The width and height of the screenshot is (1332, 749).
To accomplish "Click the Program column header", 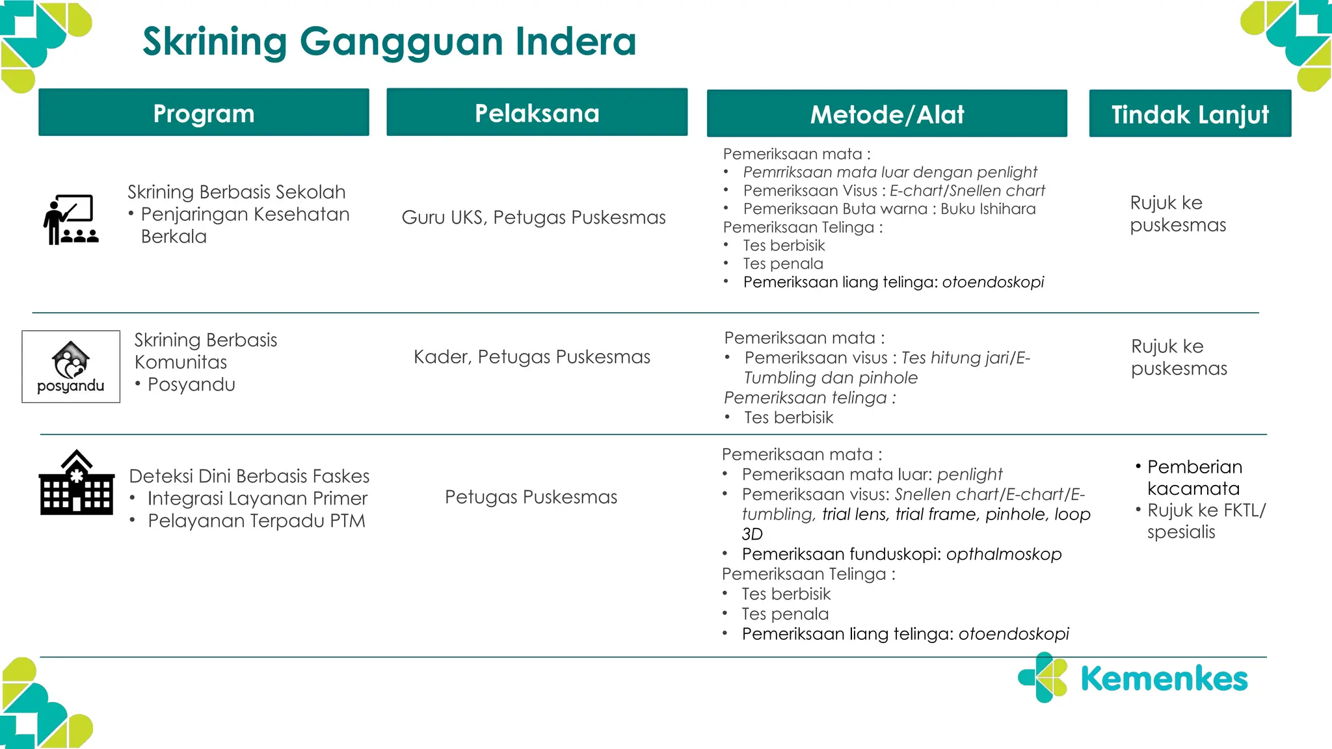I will (204, 113).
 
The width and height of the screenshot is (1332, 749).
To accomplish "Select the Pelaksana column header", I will (537, 113).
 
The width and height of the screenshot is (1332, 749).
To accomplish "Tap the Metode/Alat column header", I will (886, 114).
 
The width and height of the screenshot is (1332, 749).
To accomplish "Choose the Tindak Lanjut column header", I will (1190, 114).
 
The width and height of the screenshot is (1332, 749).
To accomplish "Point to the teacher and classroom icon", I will (71, 219).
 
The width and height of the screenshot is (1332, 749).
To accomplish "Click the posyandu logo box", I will (71, 367).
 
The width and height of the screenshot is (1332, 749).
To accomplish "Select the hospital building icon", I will (77, 483).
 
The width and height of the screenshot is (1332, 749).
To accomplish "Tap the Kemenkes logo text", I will (1164, 679).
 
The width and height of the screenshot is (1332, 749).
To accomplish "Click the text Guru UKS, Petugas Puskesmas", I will (533, 217).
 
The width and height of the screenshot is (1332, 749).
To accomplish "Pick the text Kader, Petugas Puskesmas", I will (531, 357).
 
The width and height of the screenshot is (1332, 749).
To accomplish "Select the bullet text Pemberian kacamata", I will (1193, 477).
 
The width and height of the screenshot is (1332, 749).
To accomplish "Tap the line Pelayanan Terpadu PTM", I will (256, 521).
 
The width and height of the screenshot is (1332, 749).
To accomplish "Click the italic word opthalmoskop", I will (1004, 554).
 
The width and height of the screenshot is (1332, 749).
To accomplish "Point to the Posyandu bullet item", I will (191, 384).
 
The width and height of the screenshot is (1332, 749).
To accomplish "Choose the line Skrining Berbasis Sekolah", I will (236, 192).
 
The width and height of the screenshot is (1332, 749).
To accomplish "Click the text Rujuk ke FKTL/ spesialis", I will (1205, 521).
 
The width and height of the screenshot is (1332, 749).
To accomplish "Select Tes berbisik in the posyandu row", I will (788, 417).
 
